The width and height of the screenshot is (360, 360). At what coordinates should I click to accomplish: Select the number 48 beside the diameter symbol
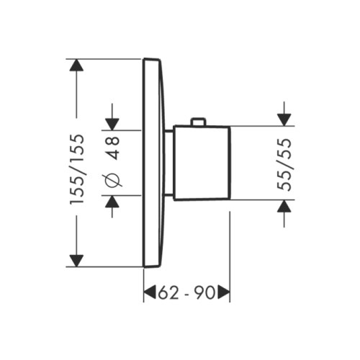coord(112,148)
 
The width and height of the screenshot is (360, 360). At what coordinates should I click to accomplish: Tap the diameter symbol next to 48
coord(112,182)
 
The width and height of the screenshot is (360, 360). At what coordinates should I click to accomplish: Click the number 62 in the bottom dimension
coord(168,292)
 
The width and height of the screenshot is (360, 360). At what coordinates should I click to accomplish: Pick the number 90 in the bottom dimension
coord(206,292)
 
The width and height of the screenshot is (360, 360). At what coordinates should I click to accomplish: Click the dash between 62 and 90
coord(186,292)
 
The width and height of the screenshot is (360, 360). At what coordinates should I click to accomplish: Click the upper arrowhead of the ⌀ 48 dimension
coord(112,123)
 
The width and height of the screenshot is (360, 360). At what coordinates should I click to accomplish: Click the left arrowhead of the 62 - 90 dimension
coord(150,292)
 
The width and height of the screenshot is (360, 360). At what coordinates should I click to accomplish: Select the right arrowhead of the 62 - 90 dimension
coord(224,292)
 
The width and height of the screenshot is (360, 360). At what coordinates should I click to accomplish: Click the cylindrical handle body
coord(202,162)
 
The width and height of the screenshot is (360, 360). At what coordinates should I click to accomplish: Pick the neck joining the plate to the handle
coord(169,162)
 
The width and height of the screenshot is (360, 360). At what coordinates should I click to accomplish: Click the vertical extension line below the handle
coord(229,245)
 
